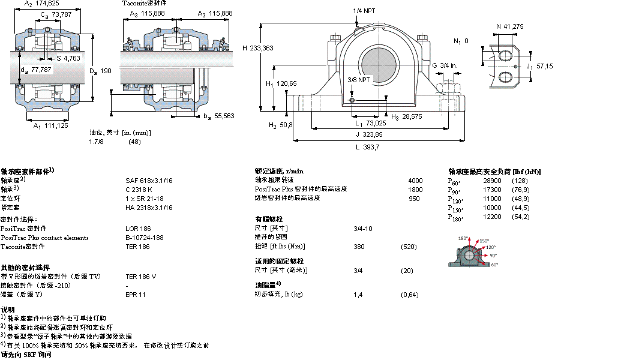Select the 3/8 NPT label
pyautogui.click(x=359, y=79)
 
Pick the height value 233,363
pyautogui.click(x=262, y=48)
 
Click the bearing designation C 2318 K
pyautogui.click(x=139, y=189)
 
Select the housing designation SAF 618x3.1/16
pyautogui.click(x=149, y=180)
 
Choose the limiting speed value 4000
pyautogui.click(x=415, y=180)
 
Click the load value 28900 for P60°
pyautogui.click(x=492, y=181)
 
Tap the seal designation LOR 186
pyautogui.click(x=138, y=229)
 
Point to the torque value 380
pyautogui.click(x=359, y=247)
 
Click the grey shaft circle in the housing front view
pyautogui.click(x=378, y=65)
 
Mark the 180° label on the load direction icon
pyautogui.click(x=463, y=239)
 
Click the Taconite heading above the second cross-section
pyautogui.click(x=144, y=4)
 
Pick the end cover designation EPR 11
pyautogui.click(x=136, y=295)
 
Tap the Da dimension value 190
pyautogui.click(x=105, y=71)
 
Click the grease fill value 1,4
pyautogui.click(x=358, y=295)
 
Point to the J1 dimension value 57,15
pyautogui.click(x=545, y=66)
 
